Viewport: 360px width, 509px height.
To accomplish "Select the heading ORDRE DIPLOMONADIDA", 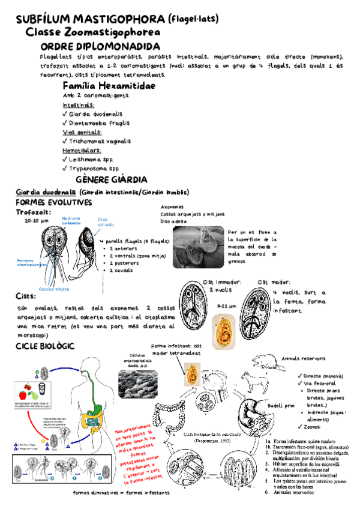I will [101, 47].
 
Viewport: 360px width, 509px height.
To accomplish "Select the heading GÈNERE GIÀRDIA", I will [112, 180].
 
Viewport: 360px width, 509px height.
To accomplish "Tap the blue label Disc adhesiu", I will [106, 223].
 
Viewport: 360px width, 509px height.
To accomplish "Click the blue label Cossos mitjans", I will [53, 289].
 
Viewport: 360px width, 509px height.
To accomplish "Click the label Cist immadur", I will [222, 282].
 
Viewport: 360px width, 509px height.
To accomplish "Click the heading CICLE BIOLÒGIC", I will [44, 348].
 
